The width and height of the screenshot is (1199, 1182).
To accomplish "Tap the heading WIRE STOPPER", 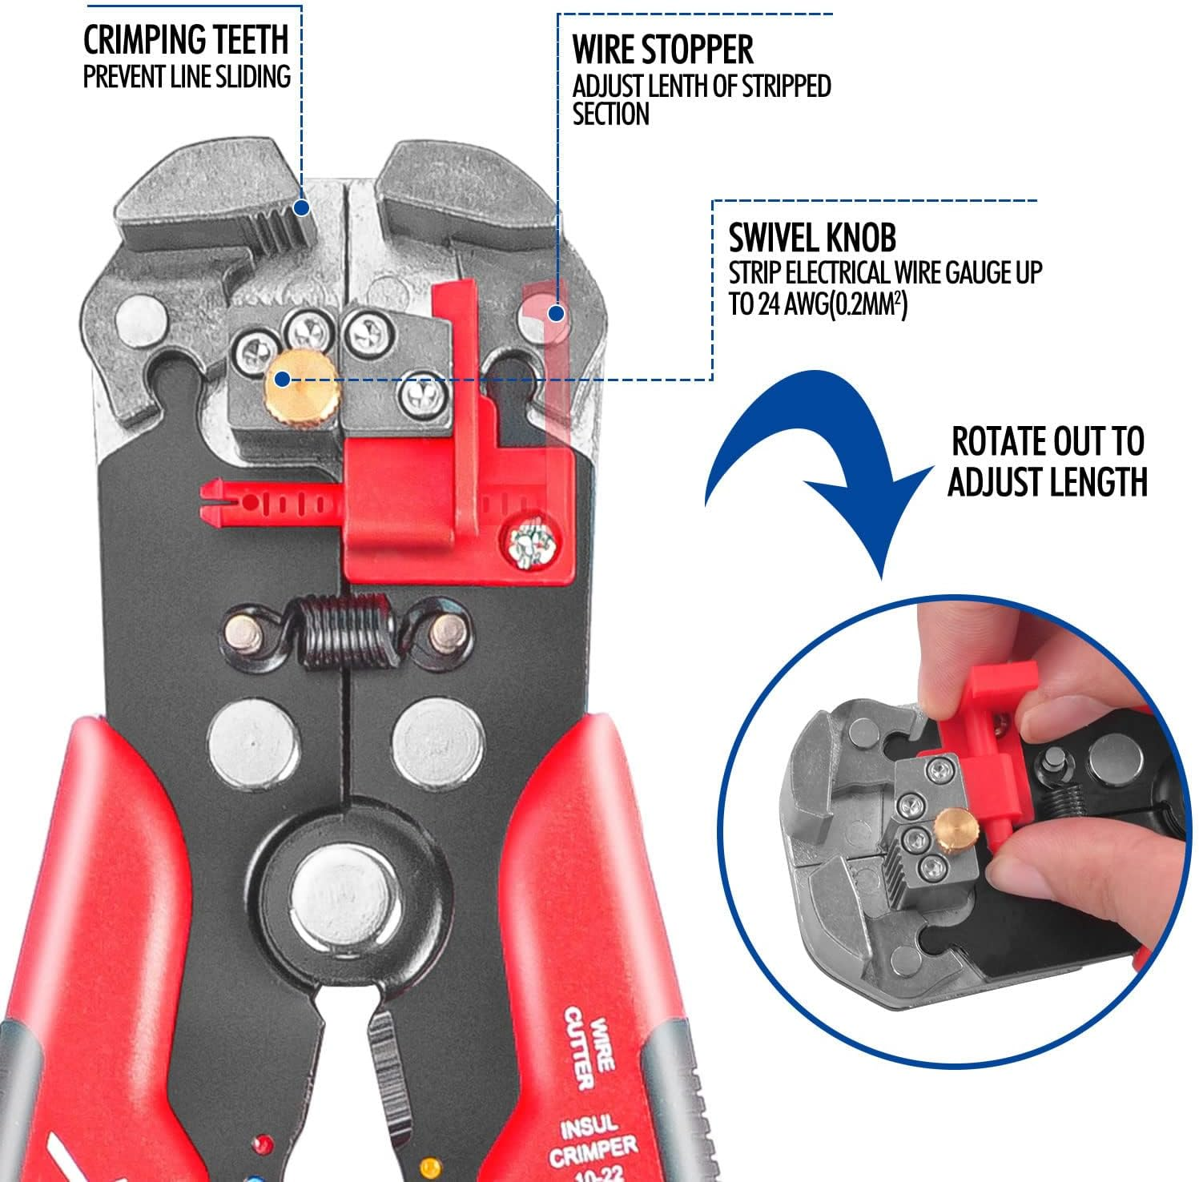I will [x=662, y=50].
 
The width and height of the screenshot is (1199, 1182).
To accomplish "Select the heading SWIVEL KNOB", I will [x=811, y=238].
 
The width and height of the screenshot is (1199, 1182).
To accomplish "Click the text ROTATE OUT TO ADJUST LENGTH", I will [x=1047, y=462].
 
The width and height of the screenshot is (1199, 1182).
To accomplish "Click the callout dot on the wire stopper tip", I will [x=555, y=313].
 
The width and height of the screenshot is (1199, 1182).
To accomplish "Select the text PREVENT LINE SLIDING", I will [x=187, y=77].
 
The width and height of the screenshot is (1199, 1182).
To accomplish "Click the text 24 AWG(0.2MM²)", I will [x=817, y=305].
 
